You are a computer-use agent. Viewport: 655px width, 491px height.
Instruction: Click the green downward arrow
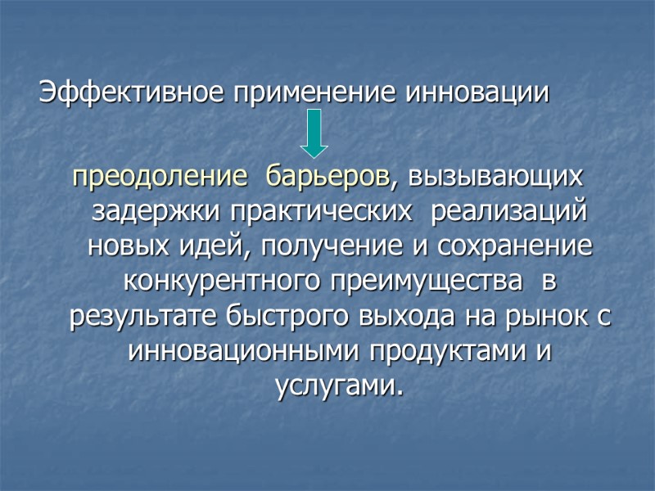pyautogui.click(x=314, y=135)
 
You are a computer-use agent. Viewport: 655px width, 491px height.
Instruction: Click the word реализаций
pyautogui.click(x=509, y=211)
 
